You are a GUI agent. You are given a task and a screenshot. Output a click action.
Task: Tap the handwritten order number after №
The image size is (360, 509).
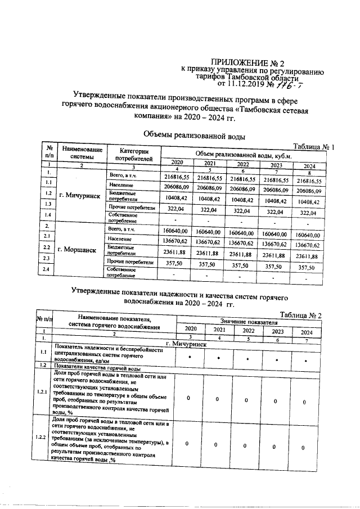(304, 84)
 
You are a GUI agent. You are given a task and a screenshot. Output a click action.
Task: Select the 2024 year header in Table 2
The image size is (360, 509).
(304, 332)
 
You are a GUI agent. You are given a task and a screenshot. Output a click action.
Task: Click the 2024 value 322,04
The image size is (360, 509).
(309, 213)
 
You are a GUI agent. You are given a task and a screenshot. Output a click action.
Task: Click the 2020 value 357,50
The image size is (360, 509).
(177, 263)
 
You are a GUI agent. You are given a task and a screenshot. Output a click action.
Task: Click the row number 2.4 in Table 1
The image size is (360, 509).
(48, 271)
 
